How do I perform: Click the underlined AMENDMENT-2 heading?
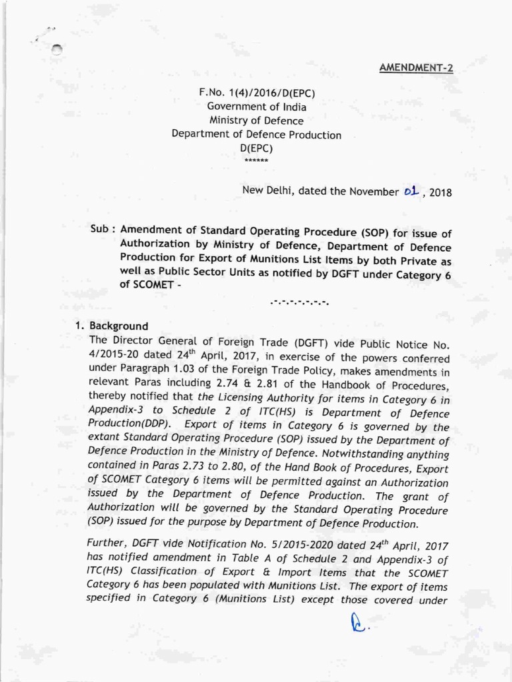coord(415,67)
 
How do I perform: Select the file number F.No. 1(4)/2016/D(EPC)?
coord(256,92)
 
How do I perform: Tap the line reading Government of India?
coord(257,106)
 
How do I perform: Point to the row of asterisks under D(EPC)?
coord(257,161)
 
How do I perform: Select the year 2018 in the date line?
coord(441,194)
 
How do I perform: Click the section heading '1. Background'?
coord(111,326)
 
